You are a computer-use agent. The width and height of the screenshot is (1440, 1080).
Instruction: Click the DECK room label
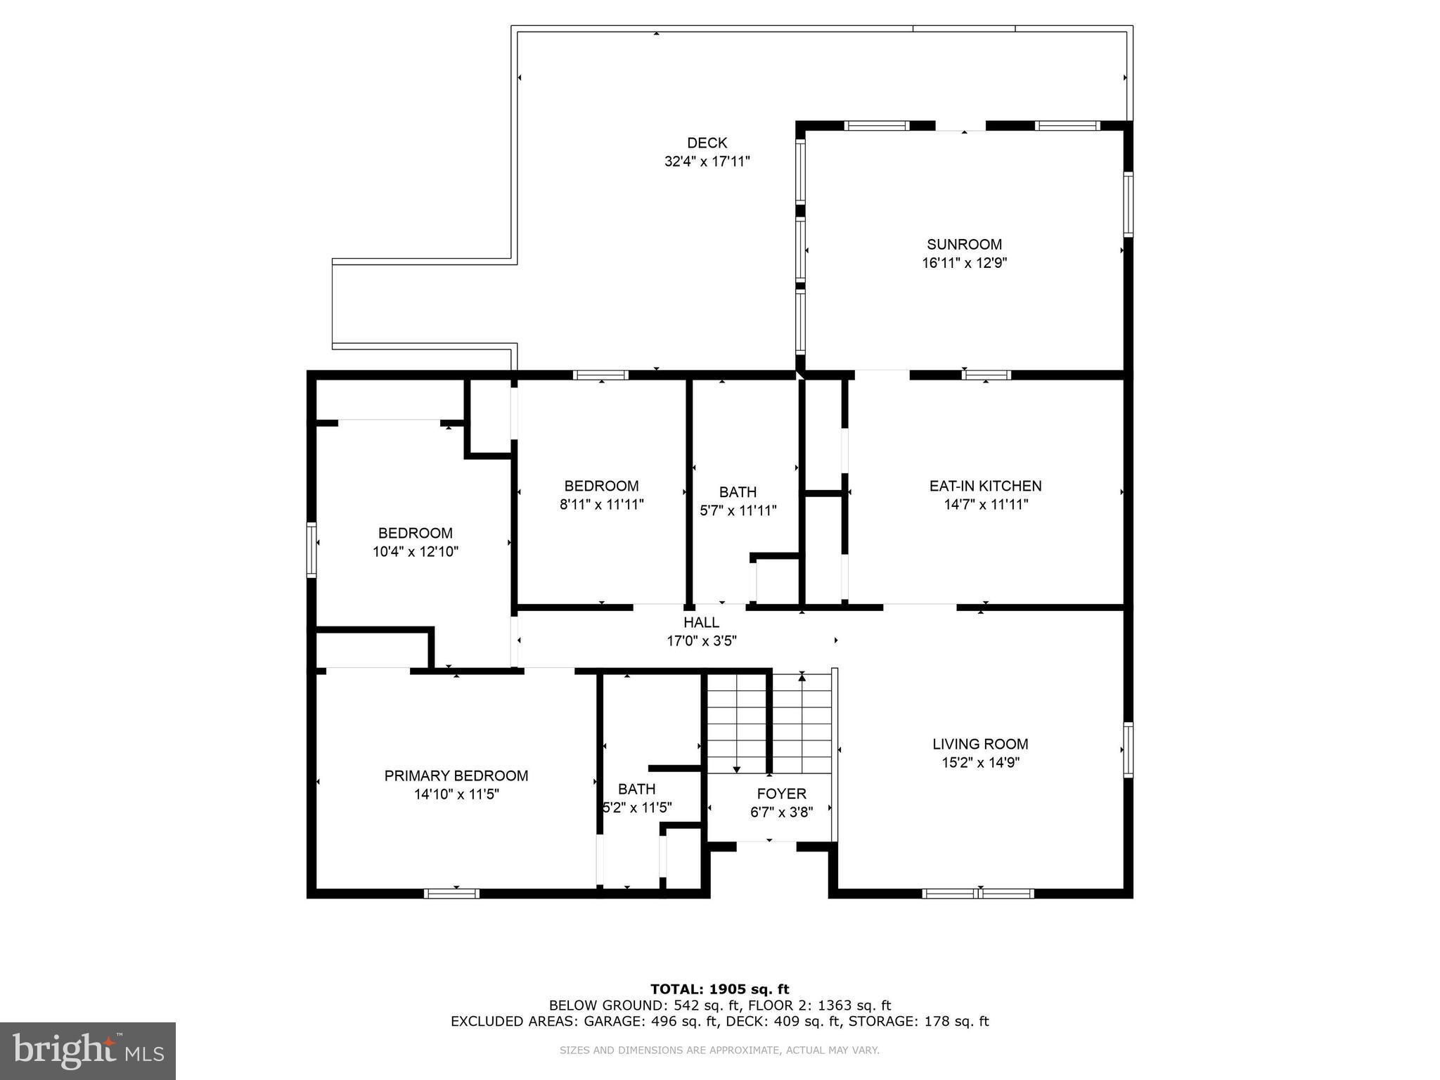tap(707, 143)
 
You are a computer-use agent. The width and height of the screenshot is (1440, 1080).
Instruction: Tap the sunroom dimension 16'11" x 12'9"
tap(964, 263)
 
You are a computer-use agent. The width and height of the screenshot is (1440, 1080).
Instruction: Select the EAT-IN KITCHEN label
tap(985, 486)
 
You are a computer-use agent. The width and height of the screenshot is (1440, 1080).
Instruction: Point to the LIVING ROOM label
tap(980, 744)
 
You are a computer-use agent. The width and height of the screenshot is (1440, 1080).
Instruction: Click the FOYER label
tap(781, 794)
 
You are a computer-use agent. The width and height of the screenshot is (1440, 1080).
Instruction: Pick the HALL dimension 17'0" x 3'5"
tap(701, 641)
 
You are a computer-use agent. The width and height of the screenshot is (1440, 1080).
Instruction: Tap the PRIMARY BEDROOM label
tap(456, 776)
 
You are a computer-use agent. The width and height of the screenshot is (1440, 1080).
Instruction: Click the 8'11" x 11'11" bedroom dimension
tap(601, 504)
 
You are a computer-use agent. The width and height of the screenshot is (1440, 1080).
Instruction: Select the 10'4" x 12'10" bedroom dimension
tap(415, 551)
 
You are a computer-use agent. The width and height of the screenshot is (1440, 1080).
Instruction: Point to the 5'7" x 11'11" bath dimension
tap(738, 510)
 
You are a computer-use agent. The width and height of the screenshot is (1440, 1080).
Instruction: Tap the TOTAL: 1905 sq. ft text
tap(719, 989)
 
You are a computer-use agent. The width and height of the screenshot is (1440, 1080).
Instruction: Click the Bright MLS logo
tap(88, 1050)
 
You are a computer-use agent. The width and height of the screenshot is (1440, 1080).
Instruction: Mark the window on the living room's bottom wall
tap(977, 894)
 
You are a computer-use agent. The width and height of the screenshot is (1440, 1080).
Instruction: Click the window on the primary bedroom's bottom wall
tap(451, 894)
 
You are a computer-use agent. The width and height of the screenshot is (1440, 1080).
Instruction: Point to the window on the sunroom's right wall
tap(1128, 205)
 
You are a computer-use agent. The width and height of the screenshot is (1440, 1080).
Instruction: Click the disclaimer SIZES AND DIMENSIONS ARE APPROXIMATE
tap(719, 1050)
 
